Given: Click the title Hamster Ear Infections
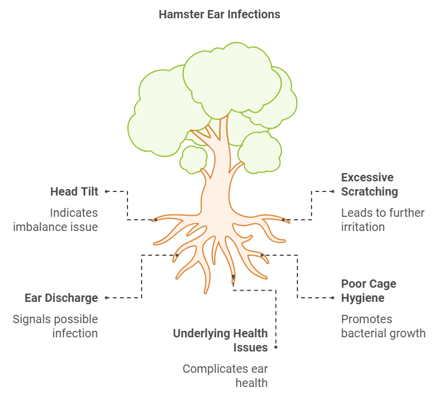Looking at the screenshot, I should [x=219, y=14].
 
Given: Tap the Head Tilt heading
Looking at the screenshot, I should [x=74, y=191].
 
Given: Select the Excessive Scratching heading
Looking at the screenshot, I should [x=368, y=184].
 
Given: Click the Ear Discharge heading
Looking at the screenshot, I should [x=61, y=298].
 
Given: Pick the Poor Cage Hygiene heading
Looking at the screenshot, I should [x=369, y=291].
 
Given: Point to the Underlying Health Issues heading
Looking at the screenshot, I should [x=220, y=340].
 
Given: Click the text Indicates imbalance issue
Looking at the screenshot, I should [x=55, y=220].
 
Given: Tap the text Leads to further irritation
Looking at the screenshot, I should [x=382, y=220].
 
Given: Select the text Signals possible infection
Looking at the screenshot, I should [x=55, y=326].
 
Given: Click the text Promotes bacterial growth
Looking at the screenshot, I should [x=383, y=326].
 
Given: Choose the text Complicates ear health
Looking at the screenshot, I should [x=225, y=376].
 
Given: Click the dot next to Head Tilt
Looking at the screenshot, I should [x=106, y=191].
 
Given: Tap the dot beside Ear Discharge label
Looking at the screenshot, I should [x=106, y=298].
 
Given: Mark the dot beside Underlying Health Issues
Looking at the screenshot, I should [x=276, y=348].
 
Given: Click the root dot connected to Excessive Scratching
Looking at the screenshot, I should [x=283, y=220].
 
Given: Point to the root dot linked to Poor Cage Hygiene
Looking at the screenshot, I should [x=262, y=255].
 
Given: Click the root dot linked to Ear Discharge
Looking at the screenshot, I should [x=177, y=255].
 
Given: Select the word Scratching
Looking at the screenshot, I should [x=369, y=191].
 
